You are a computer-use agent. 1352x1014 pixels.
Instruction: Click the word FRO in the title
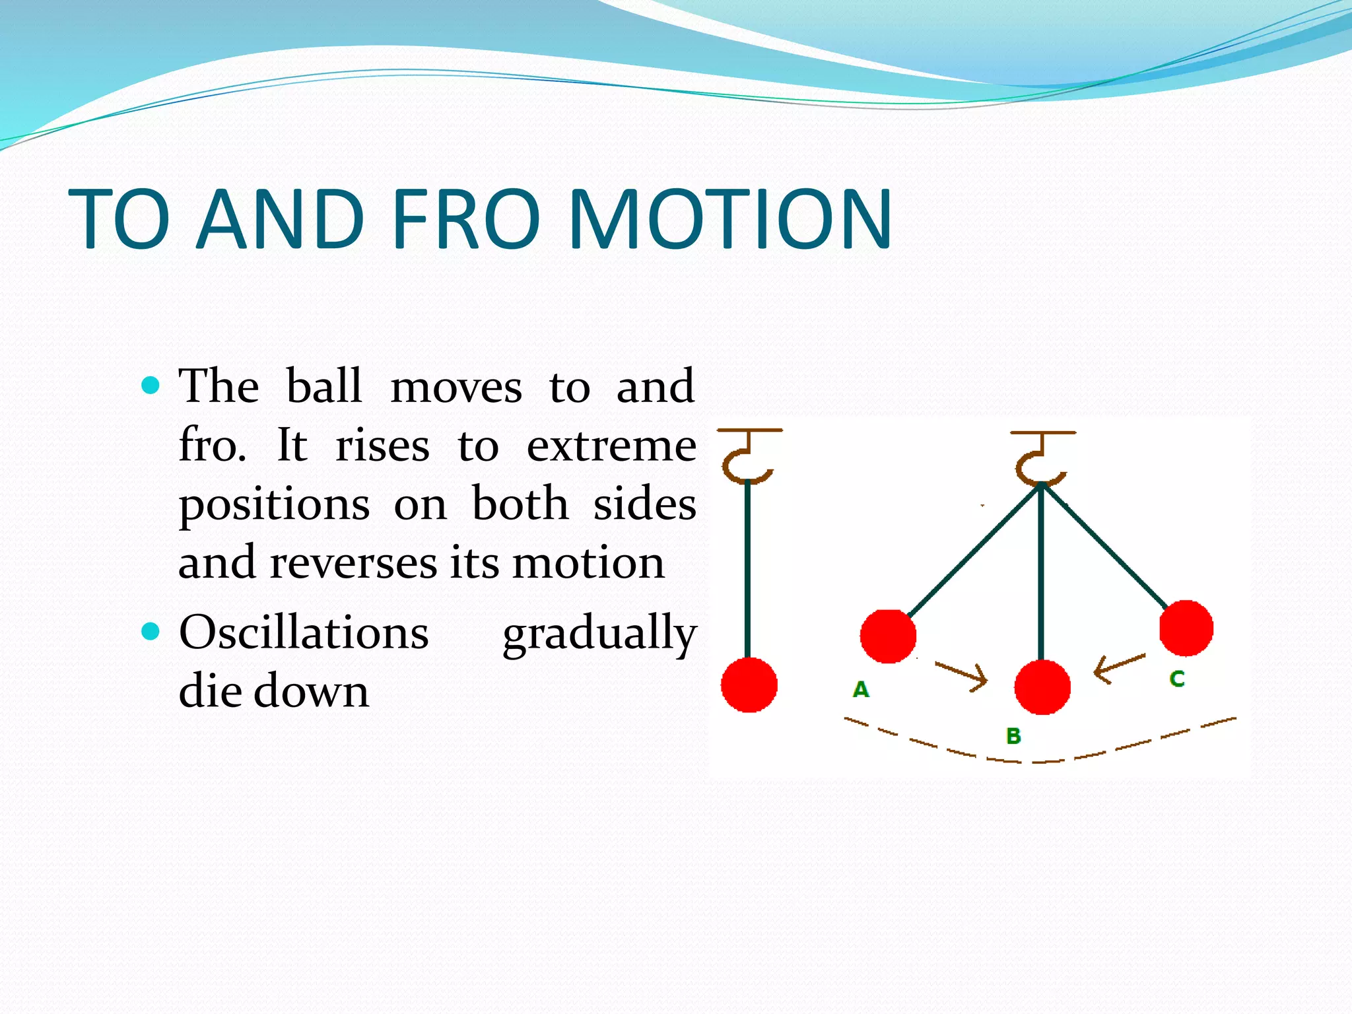coord(467,220)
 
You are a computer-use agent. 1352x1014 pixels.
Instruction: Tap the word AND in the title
coord(281,220)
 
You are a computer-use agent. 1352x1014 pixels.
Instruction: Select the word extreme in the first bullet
coord(611,446)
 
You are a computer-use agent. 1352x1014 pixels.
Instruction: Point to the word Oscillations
coord(304,633)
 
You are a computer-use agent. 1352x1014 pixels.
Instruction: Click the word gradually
coord(599,634)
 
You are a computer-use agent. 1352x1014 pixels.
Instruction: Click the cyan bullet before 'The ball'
coord(151,385)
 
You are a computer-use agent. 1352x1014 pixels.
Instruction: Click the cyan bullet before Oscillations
coord(151,632)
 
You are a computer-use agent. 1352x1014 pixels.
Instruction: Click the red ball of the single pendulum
coord(749,685)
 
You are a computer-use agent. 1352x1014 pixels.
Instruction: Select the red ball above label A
coord(888,636)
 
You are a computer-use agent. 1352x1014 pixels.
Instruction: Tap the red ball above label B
coord(1042,687)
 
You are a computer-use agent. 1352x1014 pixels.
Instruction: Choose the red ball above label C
coord(1186,628)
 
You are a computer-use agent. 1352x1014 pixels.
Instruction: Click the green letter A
coord(861,689)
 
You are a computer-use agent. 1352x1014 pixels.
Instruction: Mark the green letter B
coord(1013,735)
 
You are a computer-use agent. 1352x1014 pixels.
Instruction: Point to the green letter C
coord(1177,679)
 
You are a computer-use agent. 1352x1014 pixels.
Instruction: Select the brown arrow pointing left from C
coord(1118,668)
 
